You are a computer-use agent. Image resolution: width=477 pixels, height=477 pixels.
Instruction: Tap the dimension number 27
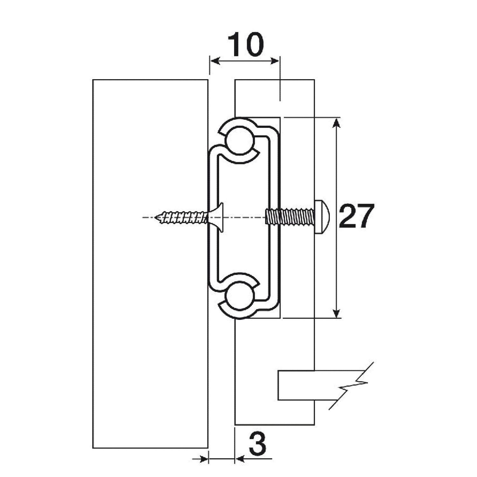[356, 216]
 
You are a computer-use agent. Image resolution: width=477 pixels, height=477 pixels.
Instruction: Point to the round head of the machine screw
[322, 217]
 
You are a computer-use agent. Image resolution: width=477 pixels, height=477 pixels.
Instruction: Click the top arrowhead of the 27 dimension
[337, 122]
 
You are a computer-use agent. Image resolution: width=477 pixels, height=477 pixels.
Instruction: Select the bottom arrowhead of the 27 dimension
[337, 313]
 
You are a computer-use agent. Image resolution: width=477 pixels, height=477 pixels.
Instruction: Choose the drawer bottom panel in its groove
[305, 385]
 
